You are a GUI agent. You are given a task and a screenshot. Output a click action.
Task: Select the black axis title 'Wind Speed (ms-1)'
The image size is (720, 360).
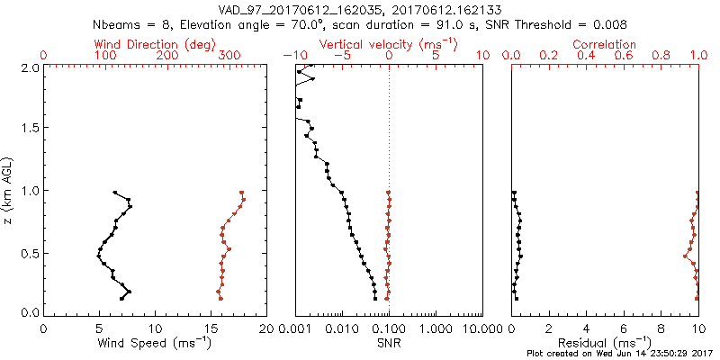tap(156, 343)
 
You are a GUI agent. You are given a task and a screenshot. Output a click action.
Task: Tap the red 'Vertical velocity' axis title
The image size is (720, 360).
tap(388, 43)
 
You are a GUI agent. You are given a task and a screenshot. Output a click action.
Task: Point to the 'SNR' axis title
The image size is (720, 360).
tap(388, 343)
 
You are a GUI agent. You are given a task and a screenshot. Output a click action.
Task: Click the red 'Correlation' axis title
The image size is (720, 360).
tap(606, 43)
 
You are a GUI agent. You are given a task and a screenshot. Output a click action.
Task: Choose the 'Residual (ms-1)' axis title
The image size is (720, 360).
tap(606, 343)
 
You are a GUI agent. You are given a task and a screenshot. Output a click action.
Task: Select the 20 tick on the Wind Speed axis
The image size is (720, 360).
tap(266, 328)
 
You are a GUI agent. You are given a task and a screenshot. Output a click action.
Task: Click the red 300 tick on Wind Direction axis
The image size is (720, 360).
tap(230, 56)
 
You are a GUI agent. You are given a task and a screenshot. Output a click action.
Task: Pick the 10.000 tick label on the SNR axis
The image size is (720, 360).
tap(480, 328)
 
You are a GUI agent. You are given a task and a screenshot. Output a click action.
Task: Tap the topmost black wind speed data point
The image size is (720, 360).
tap(115, 193)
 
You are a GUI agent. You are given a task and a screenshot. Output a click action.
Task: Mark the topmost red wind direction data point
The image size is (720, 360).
tap(242, 193)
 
